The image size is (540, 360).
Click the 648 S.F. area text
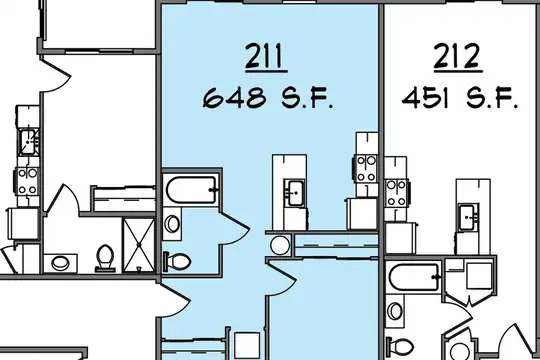268,97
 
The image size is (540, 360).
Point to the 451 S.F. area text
460,97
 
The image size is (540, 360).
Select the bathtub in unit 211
191,190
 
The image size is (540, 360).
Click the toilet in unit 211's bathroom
177,261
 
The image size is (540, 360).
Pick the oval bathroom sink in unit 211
172,224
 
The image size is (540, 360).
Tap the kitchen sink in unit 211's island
295,193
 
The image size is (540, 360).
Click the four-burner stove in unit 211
365,168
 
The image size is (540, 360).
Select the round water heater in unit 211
279,245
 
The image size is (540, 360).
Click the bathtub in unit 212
414,277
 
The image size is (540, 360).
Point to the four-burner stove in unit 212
396,193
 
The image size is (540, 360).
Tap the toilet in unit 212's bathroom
399,346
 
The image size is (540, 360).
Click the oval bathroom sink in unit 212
395,311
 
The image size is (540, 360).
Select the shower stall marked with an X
139,244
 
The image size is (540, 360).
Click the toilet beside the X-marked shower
105,257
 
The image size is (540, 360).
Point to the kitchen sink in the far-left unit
28,141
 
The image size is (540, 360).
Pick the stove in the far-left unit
27,182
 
